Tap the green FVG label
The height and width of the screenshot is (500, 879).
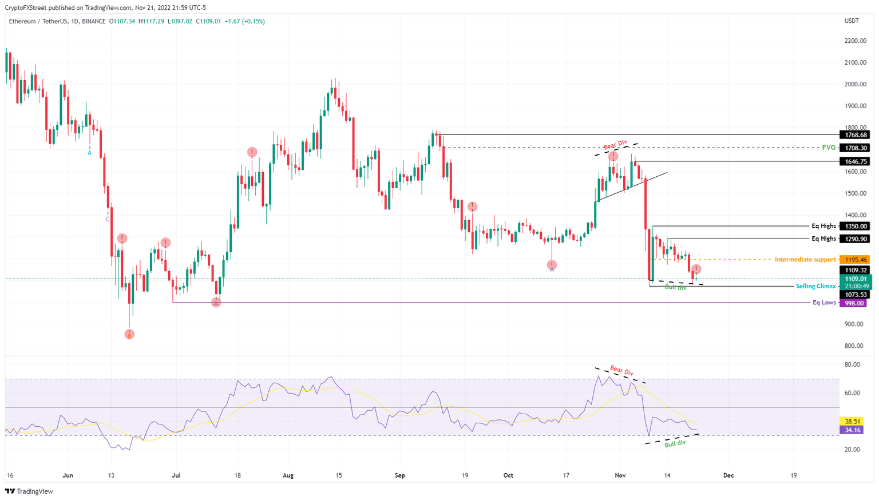(x=828, y=148)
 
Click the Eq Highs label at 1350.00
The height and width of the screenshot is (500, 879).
(x=823, y=226)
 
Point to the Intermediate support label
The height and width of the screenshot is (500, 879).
(x=805, y=260)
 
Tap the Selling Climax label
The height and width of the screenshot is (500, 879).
(x=815, y=286)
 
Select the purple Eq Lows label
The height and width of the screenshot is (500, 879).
(x=824, y=303)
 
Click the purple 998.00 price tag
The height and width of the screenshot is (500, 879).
(x=853, y=303)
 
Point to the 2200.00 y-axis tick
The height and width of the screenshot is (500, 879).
(x=855, y=41)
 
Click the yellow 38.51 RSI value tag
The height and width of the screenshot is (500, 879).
(x=853, y=421)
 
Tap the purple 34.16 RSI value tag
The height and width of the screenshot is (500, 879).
(x=853, y=430)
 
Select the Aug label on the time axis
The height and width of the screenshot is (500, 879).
(x=288, y=475)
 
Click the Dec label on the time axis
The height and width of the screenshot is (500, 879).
(x=728, y=475)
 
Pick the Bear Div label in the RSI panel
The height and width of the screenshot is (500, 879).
(x=621, y=371)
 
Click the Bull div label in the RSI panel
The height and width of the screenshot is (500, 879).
(x=675, y=443)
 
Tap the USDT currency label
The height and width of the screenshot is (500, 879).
(x=852, y=21)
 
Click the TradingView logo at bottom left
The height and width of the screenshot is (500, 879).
(x=29, y=491)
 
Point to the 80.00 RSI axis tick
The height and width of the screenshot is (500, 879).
(x=852, y=364)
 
